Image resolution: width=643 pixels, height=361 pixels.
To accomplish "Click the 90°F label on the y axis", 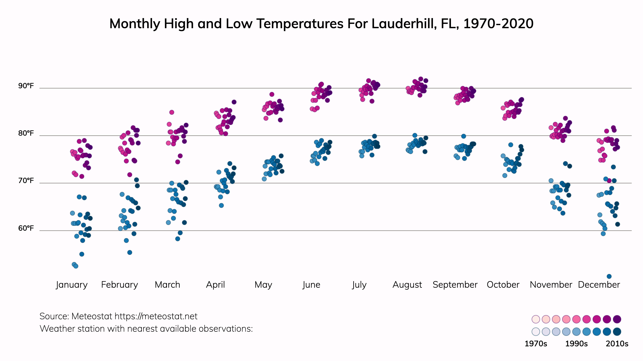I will [26, 86].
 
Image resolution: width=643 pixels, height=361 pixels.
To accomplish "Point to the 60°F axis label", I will [26, 228].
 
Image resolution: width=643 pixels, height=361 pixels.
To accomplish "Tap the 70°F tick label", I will [26, 180].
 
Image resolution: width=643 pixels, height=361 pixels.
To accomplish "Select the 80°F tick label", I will [26, 133].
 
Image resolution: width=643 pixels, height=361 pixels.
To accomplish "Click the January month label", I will [72, 285].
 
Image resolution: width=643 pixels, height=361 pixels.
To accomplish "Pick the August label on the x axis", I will [407, 285].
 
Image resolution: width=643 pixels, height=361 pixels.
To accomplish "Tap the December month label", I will [599, 285].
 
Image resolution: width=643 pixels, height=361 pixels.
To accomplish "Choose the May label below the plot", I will [263, 285].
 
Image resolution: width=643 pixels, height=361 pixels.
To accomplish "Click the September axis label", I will [455, 285].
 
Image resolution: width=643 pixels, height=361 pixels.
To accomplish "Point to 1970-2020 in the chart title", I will [498, 24].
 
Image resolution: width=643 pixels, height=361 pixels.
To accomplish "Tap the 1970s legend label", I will [536, 344].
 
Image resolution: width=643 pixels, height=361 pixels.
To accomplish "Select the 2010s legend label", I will [617, 344].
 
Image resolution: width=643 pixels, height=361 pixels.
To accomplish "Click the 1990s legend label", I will [576, 344].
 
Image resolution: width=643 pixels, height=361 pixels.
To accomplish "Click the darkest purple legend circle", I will [617, 319].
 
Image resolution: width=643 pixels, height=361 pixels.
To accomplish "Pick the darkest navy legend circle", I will [617, 332].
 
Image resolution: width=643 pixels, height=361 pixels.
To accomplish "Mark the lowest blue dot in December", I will [609, 276].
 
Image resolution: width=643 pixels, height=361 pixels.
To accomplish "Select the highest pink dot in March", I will [172, 112].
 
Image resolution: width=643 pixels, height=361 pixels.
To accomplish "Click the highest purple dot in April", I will [234, 102].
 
